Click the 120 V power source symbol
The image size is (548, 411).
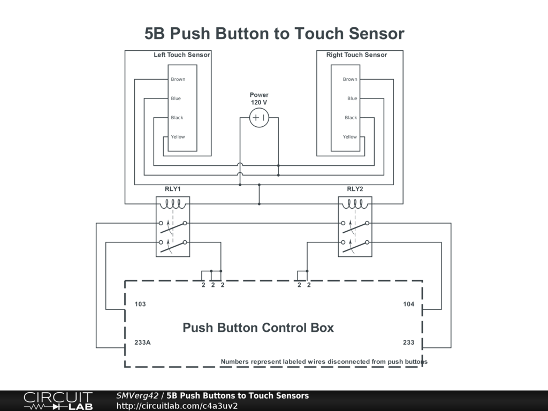point(259,118)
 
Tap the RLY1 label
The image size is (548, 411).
point(173,189)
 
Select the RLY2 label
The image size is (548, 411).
point(355,189)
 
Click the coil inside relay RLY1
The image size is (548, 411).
point(173,204)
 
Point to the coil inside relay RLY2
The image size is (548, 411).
point(355,204)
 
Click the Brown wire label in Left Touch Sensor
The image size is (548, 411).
point(178,79)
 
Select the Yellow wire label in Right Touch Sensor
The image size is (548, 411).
point(350,137)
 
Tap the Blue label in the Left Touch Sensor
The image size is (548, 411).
point(176,98)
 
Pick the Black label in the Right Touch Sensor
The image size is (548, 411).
point(351,118)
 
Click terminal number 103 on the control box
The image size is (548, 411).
point(140,304)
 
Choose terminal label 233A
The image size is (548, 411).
point(142,342)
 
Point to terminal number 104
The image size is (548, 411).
point(409,304)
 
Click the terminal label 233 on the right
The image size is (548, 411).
point(409,342)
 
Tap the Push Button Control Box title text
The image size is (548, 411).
point(258,328)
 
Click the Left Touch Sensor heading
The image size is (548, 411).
point(182,55)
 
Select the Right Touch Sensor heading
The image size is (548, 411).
point(356,55)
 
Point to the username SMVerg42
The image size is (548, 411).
point(137,396)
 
